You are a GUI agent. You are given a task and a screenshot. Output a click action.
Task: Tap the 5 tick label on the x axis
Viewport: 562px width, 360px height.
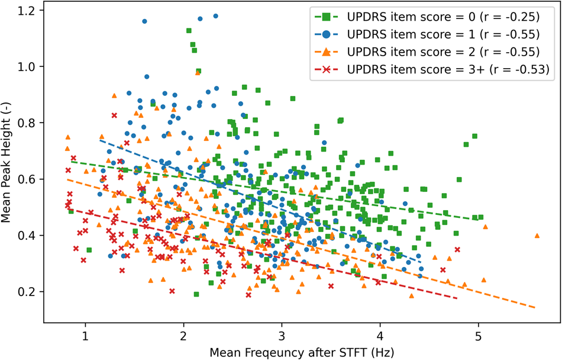coord(478,336)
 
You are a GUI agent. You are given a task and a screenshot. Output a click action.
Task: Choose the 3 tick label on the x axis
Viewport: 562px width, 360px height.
coord(282,336)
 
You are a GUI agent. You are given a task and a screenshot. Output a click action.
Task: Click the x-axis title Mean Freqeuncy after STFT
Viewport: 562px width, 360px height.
coord(301,351)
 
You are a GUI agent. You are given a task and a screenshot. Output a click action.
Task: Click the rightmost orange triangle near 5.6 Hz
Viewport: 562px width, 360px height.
coord(537,236)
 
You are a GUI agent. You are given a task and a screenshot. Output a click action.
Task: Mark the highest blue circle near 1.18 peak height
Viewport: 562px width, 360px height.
coord(215,16)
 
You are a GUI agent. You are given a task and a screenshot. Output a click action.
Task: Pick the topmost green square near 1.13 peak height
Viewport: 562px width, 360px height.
coord(189,30)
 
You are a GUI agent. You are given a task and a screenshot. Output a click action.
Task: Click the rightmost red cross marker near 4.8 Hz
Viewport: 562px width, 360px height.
coord(457,249)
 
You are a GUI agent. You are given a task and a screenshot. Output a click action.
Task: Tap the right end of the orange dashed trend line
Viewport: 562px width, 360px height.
coord(536,308)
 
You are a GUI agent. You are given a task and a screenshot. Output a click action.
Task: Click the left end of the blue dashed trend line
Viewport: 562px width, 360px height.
coord(101,140)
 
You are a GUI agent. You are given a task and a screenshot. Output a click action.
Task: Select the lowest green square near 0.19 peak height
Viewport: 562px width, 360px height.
coord(196,294)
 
